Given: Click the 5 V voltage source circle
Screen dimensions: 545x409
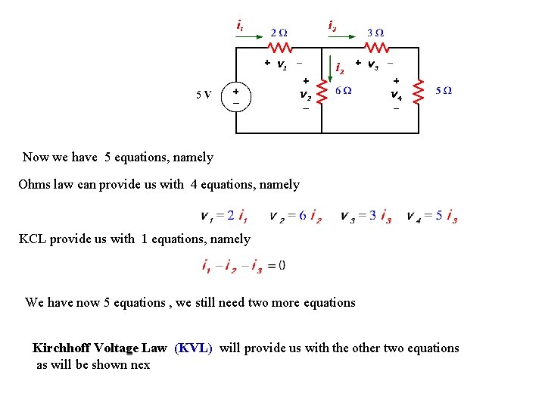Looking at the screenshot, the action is pos(236,95).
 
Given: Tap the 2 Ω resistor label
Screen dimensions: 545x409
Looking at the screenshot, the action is pos(279,33).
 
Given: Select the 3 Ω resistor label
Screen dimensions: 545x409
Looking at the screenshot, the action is pos(375,33).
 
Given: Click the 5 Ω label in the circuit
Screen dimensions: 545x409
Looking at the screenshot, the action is pos(444,90).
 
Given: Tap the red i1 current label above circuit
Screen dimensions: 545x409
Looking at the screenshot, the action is pos(240,27).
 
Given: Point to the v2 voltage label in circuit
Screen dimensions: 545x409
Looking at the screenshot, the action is pos(305,95).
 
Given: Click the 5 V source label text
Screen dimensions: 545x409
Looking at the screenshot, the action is pos(204,95).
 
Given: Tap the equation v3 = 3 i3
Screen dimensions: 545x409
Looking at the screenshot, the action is pos(366,217).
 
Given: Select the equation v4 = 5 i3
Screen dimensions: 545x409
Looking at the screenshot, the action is pos(431,217).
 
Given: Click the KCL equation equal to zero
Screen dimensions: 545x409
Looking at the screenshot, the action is pos(243,266).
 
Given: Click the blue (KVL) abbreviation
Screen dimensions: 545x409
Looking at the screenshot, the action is pos(194,348).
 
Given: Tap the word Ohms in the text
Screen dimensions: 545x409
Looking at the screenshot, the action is pos(34,184).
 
